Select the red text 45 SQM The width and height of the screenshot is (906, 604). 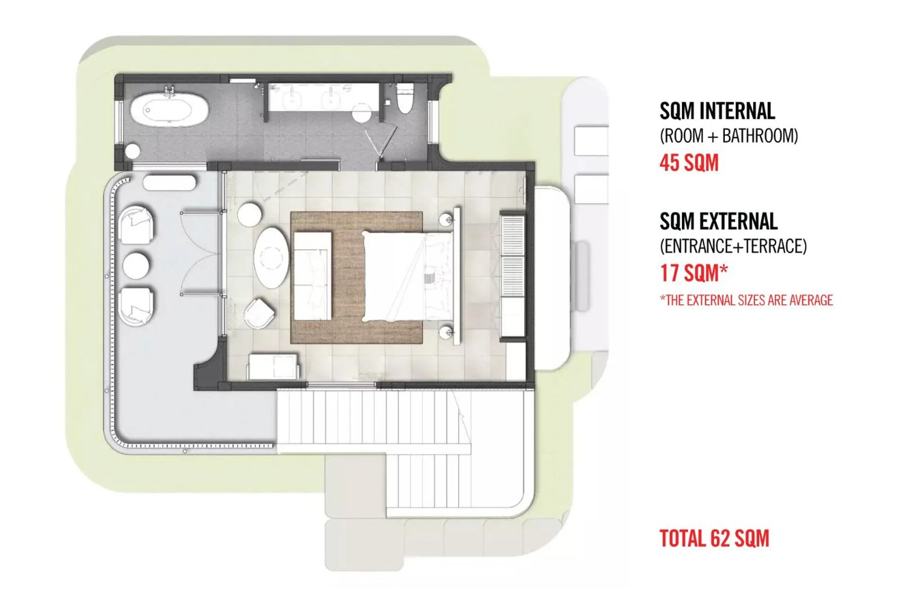[x=688, y=163]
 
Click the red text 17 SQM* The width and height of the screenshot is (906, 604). [x=693, y=273]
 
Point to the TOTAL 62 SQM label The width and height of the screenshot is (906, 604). [x=714, y=538]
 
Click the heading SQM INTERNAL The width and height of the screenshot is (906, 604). [x=717, y=111]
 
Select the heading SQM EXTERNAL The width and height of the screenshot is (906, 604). [x=718, y=221]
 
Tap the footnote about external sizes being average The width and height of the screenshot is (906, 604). [x=746, y=300]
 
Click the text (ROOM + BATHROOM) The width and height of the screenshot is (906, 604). [x=729, y=136]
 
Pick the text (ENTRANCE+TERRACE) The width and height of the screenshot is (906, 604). [x=733, y=246]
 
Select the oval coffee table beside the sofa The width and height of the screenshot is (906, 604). [x=271, y=258]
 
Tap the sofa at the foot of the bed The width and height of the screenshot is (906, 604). [x=313, y=276]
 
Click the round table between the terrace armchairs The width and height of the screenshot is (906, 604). [x=136, y=265]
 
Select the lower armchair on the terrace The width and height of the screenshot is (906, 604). [x=136, y=306]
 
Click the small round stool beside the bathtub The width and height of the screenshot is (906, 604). [x=133, y=151]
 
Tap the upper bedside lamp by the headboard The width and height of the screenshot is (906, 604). [x=446, y=219]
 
